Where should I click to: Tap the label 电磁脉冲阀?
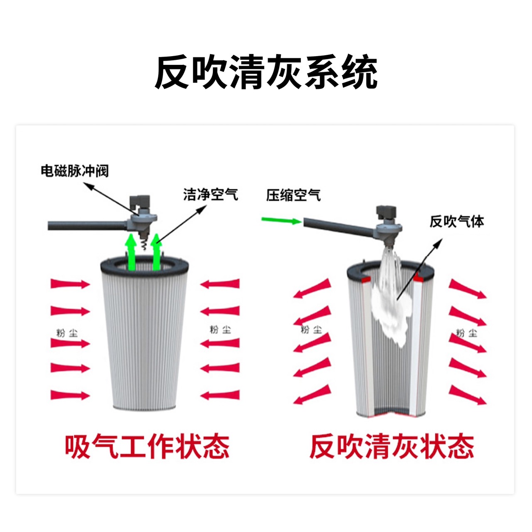click(x=75, y=171)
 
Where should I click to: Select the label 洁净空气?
click(x=210, y=195)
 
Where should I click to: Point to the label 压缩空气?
click(x=293, y=195)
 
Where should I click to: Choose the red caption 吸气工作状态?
click(x=147, y=446)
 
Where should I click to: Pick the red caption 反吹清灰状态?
click(x=392, y=446)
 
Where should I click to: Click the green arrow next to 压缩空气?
click(x=281, y=221)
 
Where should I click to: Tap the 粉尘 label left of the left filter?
click(x=67, y=333)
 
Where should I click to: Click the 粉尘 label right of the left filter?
click(x=220, y=329)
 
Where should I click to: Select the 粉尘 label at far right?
click(x=466, y=333)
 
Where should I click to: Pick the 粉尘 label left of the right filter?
click(x=311, y=329)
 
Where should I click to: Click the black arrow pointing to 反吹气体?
click(x=419, y=269)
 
